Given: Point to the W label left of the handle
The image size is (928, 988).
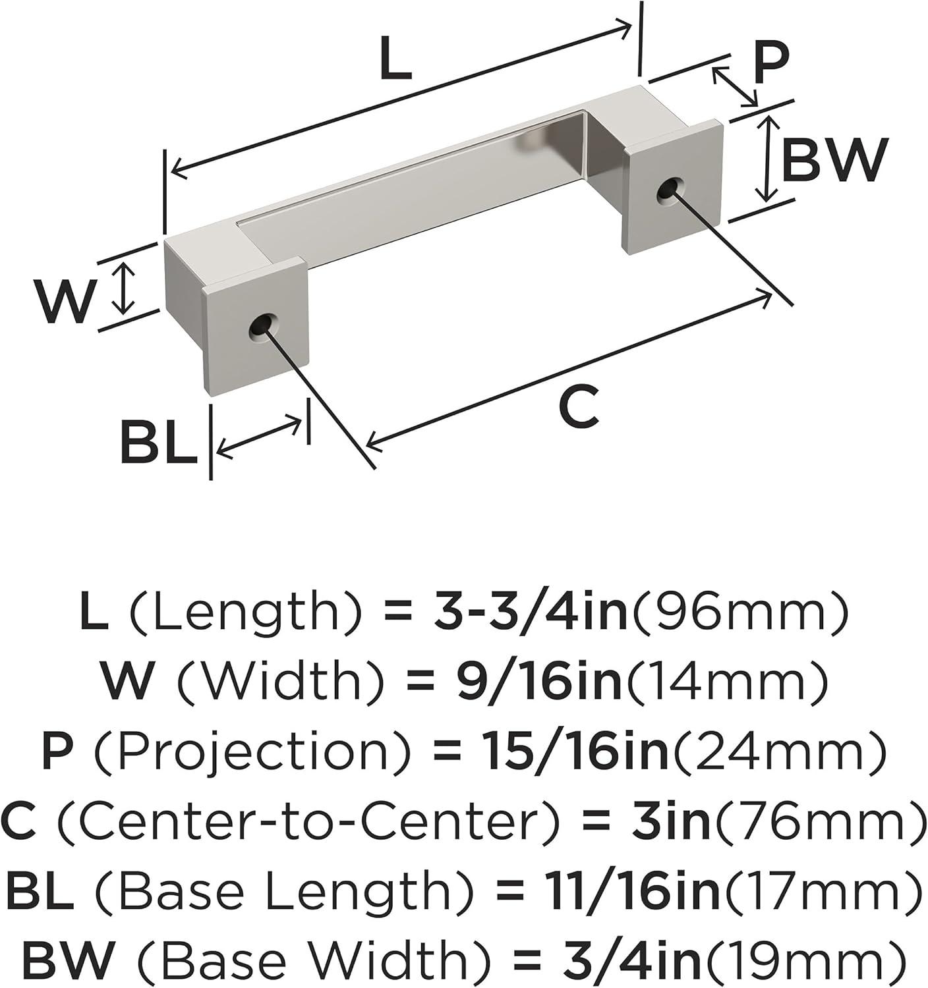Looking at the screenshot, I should click(65, 302).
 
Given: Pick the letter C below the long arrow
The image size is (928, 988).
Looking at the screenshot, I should click(578, 406).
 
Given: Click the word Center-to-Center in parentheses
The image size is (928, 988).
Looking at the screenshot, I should click(308, 821).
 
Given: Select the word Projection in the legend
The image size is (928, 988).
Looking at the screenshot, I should click(252, 752).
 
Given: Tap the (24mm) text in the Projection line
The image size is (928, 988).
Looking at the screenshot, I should click(778, 751).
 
